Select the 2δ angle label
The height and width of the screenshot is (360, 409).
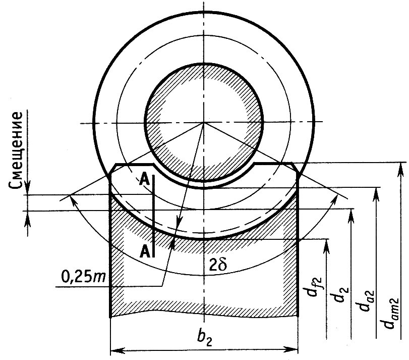click(218, 265)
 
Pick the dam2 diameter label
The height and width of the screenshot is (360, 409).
click(391, 313)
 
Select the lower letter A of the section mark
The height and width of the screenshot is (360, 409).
click(145, 251)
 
